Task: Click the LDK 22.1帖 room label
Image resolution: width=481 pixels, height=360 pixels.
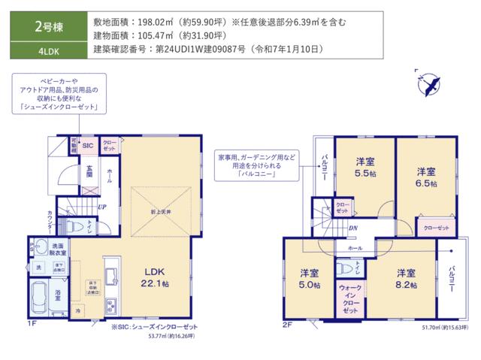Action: (x=156, y=277)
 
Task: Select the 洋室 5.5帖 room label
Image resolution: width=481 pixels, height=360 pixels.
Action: (x=366, y=165)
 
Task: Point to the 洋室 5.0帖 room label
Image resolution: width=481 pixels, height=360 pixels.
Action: (x=309, y=278)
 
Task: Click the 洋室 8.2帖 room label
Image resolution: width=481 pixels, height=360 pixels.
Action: (x=406, y=278)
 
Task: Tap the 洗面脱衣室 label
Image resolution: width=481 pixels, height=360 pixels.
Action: (x=58, y=249)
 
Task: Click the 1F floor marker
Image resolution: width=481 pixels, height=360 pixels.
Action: (x=32, y=324)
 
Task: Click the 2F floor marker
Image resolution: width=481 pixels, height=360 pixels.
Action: (x=286, y=324)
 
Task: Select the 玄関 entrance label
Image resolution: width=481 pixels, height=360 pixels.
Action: (x=89, y=171)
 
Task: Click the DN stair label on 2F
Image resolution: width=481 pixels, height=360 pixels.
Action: (x=352, y=228)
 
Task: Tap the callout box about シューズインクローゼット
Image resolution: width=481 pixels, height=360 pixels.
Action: (x=59, y=94)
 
